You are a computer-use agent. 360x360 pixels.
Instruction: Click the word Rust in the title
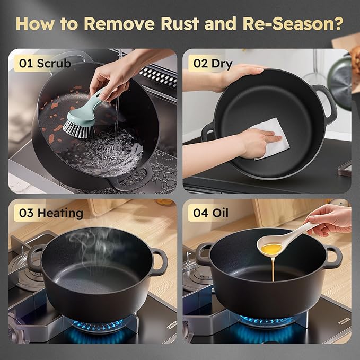pos(180,23)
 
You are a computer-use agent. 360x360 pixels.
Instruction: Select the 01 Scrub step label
pos(45,63)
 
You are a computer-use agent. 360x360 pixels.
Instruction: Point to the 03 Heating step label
pos(51,213)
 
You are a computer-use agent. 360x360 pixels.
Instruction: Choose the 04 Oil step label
pos(211,213)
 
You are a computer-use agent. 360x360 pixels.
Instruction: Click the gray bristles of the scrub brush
pos(78,130)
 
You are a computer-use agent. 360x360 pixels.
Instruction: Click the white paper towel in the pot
pos(271,138)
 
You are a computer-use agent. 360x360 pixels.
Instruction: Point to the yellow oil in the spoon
pos(272,249)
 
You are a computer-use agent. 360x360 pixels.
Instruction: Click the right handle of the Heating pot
pos(160,262)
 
